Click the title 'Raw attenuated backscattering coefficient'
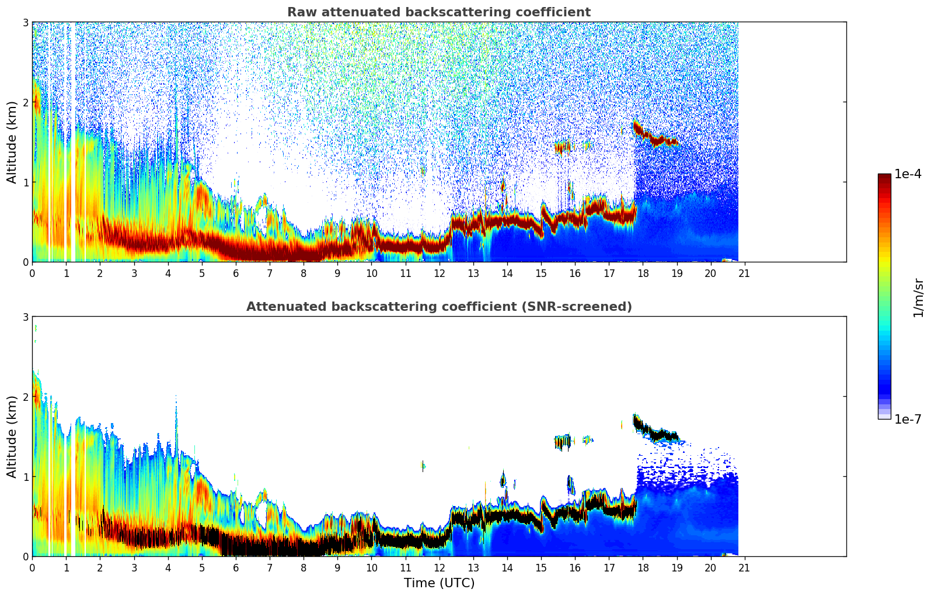(x=438, y=12)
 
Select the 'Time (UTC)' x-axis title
(x=439, y=583)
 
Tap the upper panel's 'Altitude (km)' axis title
(x=12, y=142)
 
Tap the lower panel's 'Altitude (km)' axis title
(x=12, y=436)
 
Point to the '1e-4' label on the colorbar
(x=908, y=174)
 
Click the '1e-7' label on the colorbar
(x=908, y=419)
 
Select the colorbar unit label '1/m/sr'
(x=918, y=297)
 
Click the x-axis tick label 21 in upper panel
(x=744, y=273)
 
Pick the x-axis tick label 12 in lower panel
(x=439, y=567)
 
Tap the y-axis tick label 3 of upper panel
(x=26, y=23)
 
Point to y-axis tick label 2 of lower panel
(x=26, y=397)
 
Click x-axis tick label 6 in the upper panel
(x=236, y=273)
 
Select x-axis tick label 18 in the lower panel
(x=643, y=567)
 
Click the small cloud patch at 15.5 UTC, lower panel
(x=563, y=442)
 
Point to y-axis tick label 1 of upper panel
(x=26, y=182)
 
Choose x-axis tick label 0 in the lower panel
(x=32, y=567)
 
